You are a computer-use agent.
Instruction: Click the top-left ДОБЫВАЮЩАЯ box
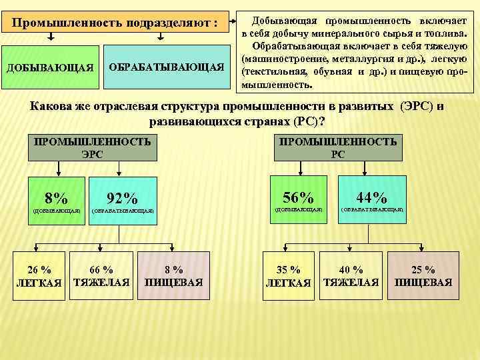50,67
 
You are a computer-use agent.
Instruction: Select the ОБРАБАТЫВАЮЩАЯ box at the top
166,67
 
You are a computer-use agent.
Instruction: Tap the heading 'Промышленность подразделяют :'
116,23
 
